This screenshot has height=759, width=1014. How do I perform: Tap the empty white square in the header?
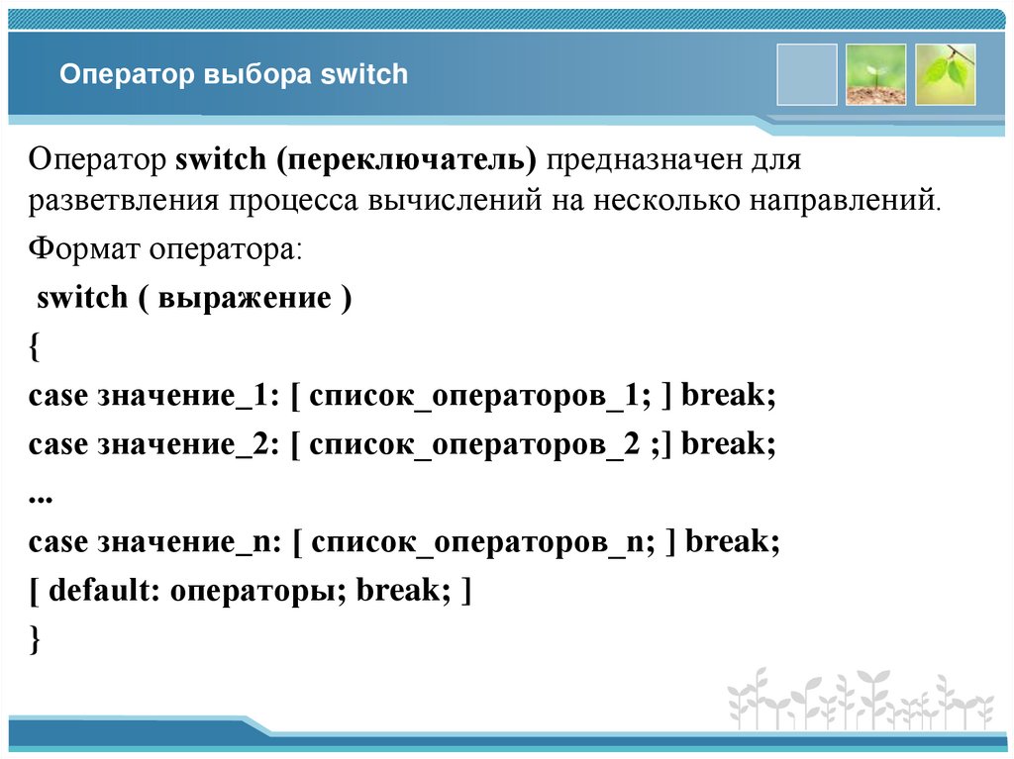pyautogui.click(x=807, y=74)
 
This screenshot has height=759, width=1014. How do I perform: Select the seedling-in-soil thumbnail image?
pyautogui.click(x=875, y=74)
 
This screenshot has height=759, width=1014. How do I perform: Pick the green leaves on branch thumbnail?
pyautogui.click(x=946, y=74)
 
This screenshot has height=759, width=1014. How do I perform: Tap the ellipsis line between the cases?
pyautogui.click(x=40, y=495)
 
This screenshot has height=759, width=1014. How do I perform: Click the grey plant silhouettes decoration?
pyautogui.click(x=861, y=700)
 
